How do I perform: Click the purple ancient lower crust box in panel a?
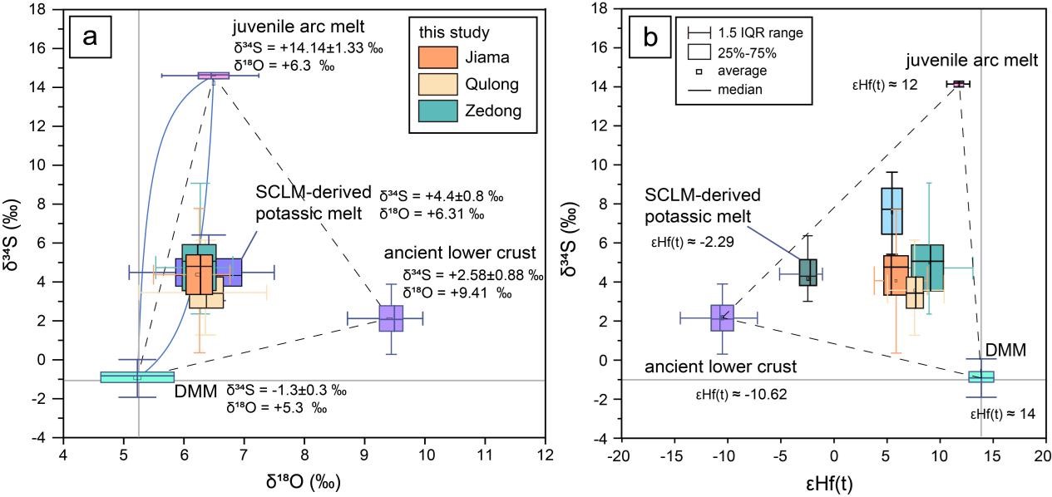click(x=391, y=318)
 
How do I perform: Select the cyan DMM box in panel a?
click(x=137, y=376)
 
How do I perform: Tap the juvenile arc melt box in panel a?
click(x=214, y=76)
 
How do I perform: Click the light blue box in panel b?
click(x=891, y=212)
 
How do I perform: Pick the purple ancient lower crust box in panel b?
click(x=722, y=317)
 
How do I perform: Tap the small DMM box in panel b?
click(x=981, y=376)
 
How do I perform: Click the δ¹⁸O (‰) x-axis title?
click(x=304, y=483)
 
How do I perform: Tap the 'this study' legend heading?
click(x=454, y=33)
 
